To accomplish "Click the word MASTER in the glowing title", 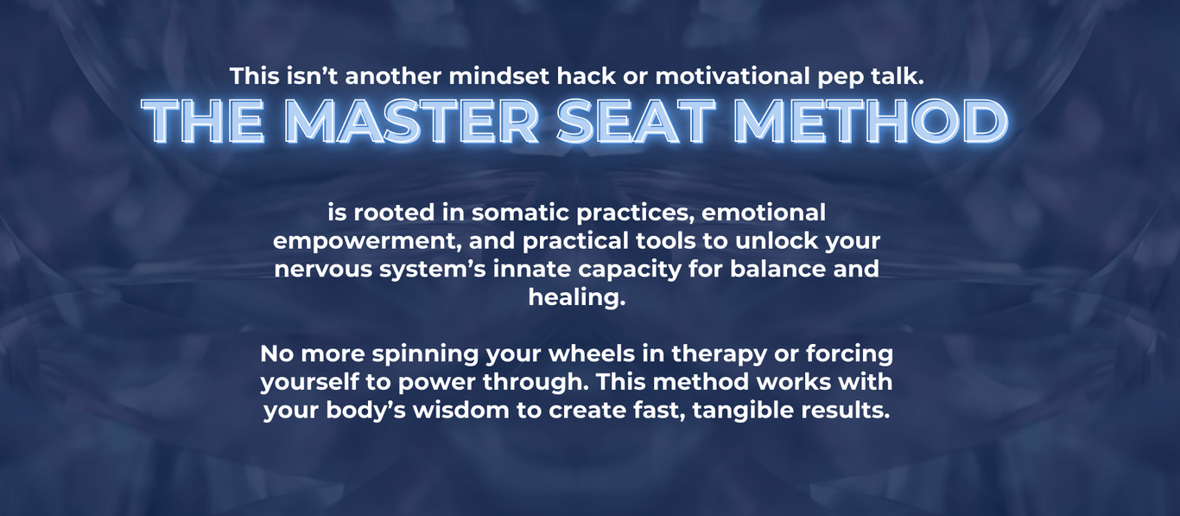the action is pyautogui.click(x=414, y=121).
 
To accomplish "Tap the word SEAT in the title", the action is pyautogui.click(x=636, y=121).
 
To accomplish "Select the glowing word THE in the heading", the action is pyautogui.click(x=203, y=121).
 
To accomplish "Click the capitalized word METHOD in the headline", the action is pyautogui.click(x=870, y=121).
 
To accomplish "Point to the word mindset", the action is pyautogui.click(x=498, y=76).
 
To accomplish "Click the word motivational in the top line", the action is pyautogui.click(x=733, y=76).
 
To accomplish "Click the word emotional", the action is pyautogui.click(x=764, y=213).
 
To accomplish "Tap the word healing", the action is pyautogui.click(x=577, y=297).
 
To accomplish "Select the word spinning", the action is pyautogui.click(x=425, y=354).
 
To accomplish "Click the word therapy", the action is pyautogui.click(x=719, y=354).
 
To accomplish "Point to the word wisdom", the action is pyautogui.click(x=461, y=410).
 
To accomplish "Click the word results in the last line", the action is pyautogui.click(x=846, y=410).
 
